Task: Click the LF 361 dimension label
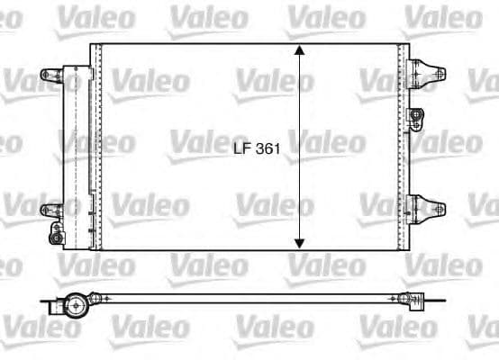click(255, 152)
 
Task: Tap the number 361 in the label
click(266, 152)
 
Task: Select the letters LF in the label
click(240, 152)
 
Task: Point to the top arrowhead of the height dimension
click(300, 50)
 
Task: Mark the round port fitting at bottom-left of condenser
click(58, 237)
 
